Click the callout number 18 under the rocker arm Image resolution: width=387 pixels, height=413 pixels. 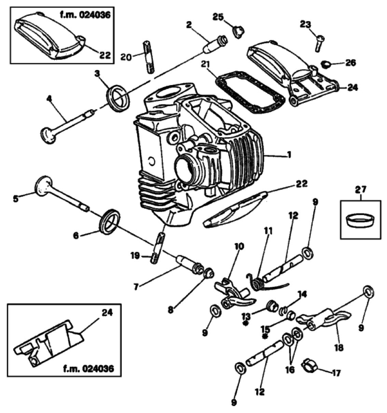339,347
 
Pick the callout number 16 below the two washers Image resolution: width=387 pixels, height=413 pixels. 290,370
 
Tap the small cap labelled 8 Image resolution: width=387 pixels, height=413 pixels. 208,273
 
